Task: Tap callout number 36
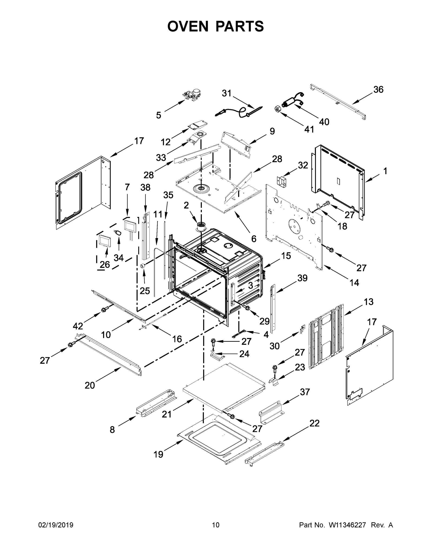[x=378, y=90]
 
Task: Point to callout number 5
[x=158, y=115]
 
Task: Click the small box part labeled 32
[x=282, y=181]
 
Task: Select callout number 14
[x=354, y=282]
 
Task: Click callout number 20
[x=90, y=385]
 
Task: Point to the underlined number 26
[x=105, y=264]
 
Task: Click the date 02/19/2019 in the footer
[x=56, y=525]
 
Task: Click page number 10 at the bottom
[x=216, y=525]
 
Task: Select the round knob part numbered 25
[x=143, y=266]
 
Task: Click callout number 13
[x=369, y=302]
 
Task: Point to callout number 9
[x=272, y=131]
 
